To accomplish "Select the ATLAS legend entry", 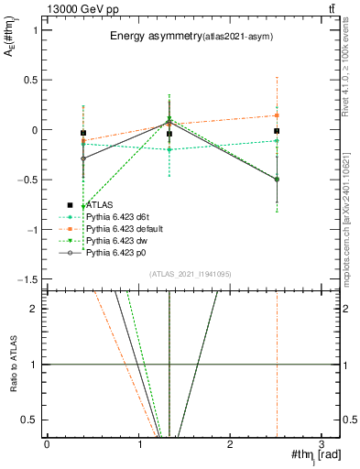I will (99, 205).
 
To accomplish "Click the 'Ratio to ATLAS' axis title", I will (14, 365).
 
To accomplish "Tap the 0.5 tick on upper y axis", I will (32, 80).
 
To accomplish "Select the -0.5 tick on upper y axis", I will (30, 180).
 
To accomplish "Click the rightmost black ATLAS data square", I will (277, 131).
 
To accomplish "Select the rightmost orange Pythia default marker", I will (277, 115).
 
